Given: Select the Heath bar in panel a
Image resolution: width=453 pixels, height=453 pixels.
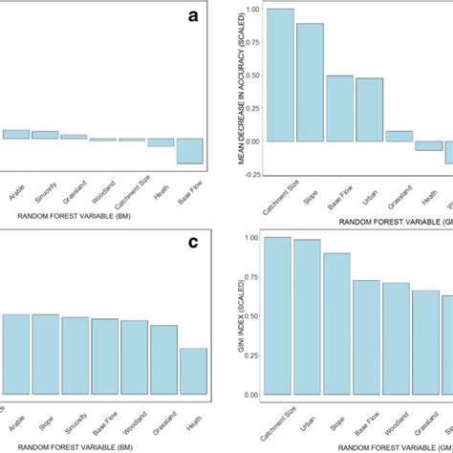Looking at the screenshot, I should pos(162,142).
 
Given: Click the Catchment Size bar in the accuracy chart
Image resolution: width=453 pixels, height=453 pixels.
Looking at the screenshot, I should pos(280,75).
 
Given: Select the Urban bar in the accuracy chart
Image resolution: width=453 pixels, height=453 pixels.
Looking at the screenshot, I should pos(370,109).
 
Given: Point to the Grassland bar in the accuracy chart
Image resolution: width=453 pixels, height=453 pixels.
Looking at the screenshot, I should pos(399,136).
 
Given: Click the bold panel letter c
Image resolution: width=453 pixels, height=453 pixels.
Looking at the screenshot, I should pos(194,242).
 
